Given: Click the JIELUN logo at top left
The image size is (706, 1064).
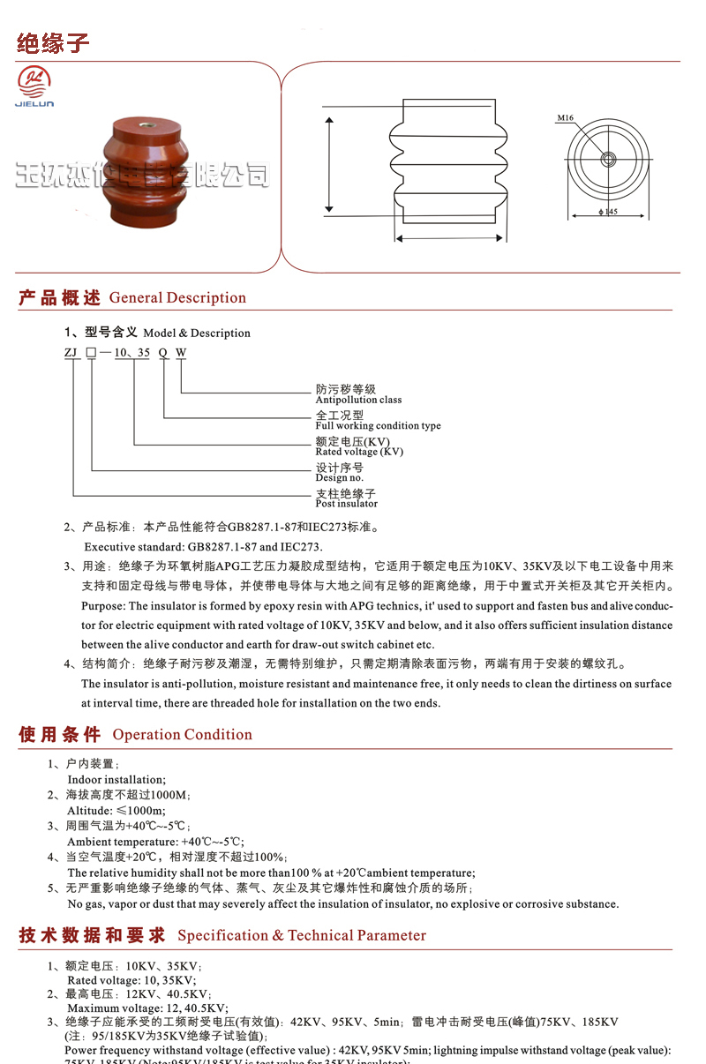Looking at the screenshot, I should point(35,88).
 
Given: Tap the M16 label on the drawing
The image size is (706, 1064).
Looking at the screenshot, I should point(565,117).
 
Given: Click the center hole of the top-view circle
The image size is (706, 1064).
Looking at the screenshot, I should point(607,160).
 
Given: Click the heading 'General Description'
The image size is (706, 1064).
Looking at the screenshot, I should point(177,298).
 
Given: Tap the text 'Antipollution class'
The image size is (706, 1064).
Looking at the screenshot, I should point(358,400).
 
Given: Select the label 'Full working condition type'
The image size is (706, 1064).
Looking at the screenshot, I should point(378,425).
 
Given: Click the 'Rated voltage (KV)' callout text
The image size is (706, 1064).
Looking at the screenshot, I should point(359,451).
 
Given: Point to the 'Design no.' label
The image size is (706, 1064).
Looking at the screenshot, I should point(340,477).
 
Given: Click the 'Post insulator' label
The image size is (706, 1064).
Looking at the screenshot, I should point(346,503).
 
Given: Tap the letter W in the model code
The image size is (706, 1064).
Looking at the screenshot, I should point(181,352).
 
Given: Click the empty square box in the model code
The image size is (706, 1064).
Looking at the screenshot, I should point(91,352).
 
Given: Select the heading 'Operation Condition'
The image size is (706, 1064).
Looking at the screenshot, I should point(182,735).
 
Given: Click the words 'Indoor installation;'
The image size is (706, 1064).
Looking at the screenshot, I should point(116,780).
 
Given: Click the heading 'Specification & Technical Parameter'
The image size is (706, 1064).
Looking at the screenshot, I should point(301,936).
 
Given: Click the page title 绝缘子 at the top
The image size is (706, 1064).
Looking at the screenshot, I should point(53,43).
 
